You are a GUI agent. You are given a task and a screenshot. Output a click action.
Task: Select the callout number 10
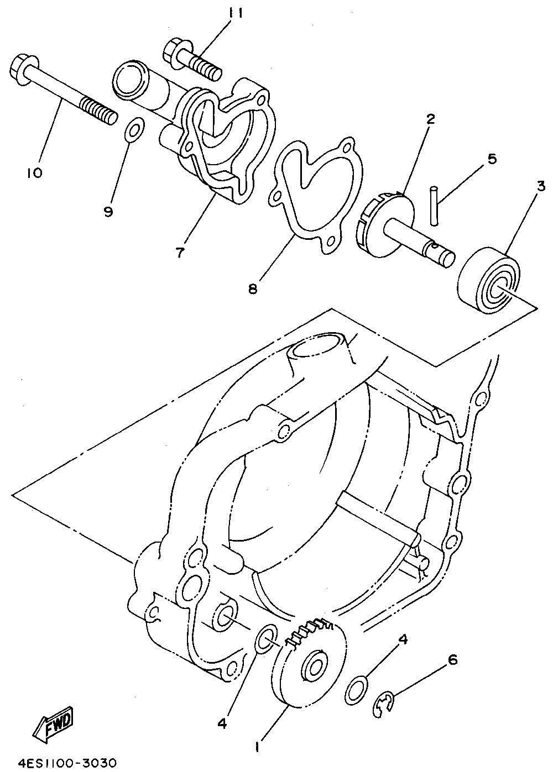coord(34,173)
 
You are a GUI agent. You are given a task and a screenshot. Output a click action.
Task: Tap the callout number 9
coord(108,211)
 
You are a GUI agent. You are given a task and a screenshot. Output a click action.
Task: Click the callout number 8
coord(253,288)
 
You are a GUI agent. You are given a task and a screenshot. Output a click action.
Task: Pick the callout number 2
coord(431,118)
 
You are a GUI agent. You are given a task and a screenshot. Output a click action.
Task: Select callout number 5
coord(492,159)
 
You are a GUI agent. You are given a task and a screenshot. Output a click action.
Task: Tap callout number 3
coord(541,186)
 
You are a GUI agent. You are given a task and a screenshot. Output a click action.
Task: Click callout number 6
coord(453,659)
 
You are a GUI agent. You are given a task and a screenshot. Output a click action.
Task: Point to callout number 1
coord(257,747)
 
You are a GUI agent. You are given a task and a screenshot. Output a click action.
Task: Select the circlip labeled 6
coord(382,704)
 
